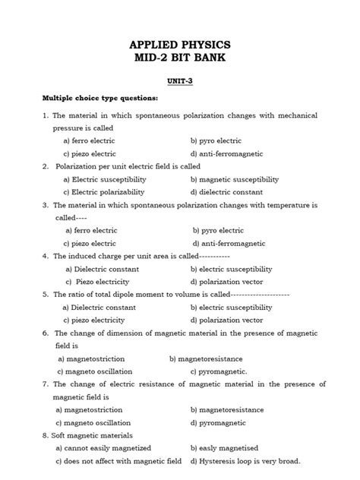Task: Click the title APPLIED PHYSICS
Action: point(180,45)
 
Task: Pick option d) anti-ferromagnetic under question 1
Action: point(227,153)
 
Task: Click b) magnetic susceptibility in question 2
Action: point(235,179)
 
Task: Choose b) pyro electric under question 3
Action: point(218,230)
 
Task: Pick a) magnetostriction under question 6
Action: point(89,358)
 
